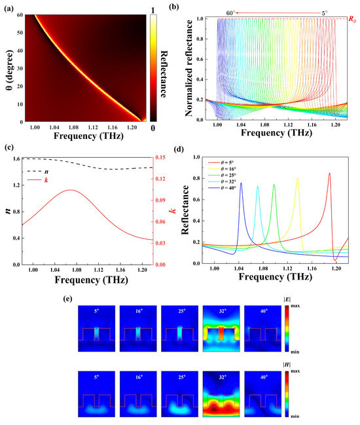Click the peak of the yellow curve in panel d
point(298,178)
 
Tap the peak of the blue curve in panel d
point(241,183)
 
